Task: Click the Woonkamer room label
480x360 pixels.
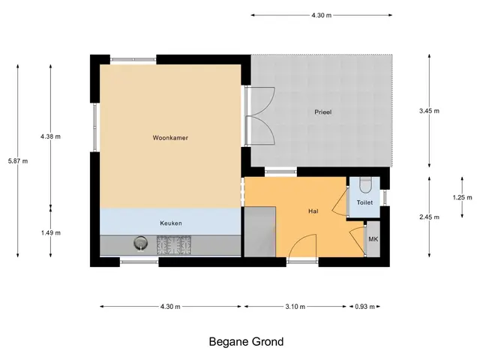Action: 170,138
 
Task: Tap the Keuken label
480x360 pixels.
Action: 171,223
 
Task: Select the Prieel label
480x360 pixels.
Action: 323,112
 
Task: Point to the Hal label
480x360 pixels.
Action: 313,211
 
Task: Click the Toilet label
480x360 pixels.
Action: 364,202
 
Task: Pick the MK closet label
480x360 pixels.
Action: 373,239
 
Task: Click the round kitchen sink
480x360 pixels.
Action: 140,243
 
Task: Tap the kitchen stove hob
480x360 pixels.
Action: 174,245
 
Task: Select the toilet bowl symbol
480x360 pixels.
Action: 365,185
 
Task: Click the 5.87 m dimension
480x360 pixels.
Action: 18,160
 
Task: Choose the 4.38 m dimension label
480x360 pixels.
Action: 50,136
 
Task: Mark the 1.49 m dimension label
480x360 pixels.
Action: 51,233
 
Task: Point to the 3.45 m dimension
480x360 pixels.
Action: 429,111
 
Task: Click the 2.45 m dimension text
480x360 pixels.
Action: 429,217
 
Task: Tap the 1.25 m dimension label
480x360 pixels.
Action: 462,197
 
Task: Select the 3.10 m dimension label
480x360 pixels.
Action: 295,307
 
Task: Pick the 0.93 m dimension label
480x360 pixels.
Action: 365,307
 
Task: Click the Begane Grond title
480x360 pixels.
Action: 247,342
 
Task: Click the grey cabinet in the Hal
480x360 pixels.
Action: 260,232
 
